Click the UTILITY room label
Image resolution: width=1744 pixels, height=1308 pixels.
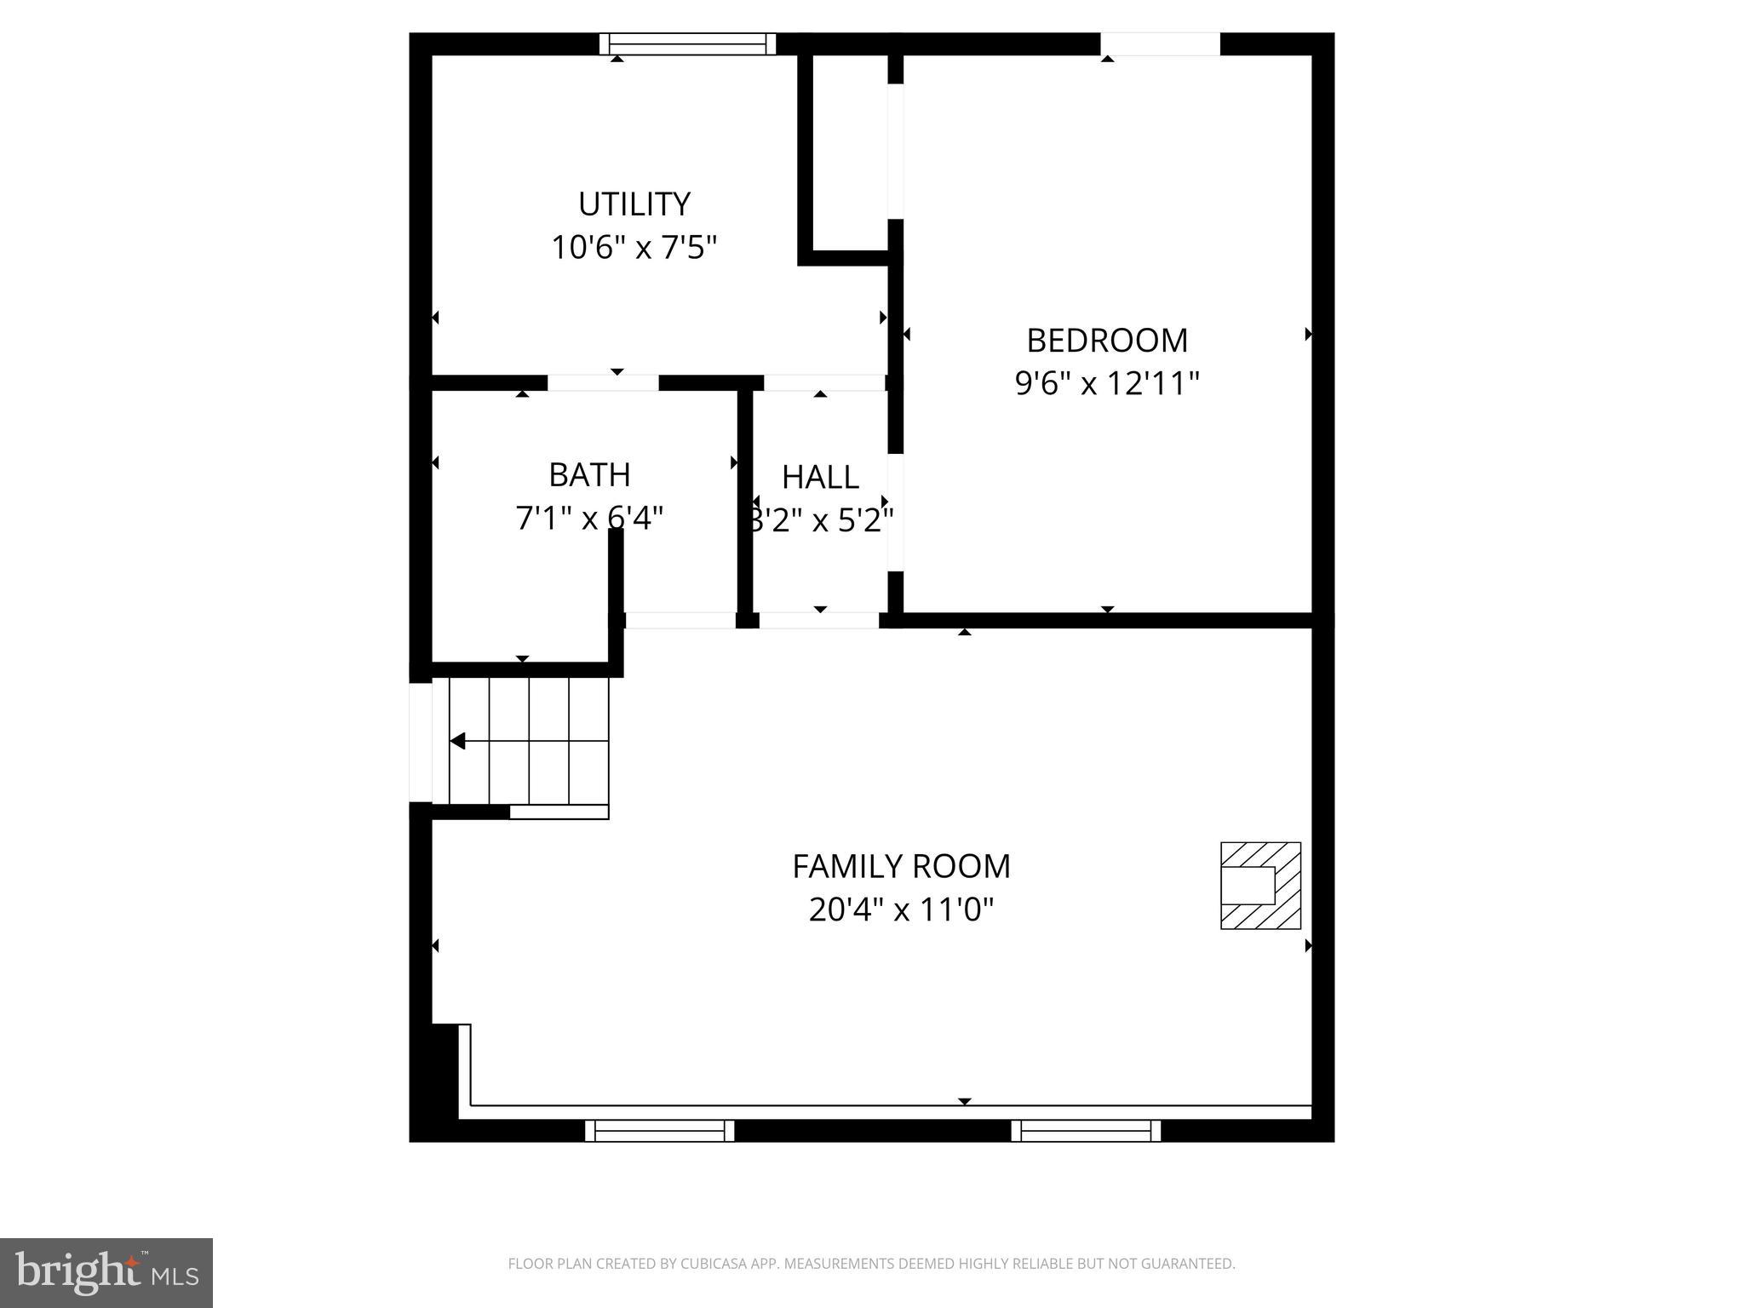pyautogui.click(x=634, y=204)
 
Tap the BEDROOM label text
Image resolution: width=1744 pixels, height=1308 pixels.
pyautogui.click(x=1106, y=341)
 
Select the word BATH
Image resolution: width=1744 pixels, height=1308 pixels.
pyautogui.click(x=589, y=475)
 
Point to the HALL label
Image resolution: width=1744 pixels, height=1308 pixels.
pyautogui.click(x=820, y=478)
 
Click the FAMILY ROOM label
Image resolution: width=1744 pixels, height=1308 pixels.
pyautogui.click(x=901, y=867)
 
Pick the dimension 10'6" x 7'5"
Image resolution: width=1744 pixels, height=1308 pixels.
pyautogui.click(x=634, y=249)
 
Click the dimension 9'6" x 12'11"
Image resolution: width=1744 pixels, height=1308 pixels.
pyautogui.click(x=1106, y=384)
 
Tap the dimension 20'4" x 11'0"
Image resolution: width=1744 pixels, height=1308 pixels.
pyautogui.click(x=901, y=910)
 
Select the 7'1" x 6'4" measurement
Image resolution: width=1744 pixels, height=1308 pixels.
pyautogui.click(x=589, y=518)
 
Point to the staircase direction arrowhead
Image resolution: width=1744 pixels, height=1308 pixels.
pyautogui.click(x=457, y=742)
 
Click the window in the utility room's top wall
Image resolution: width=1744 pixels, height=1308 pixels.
pyautogui.click(x=687, y=44)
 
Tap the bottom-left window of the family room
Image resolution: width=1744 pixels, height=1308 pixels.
pyautogui.click(x=659, y=1131)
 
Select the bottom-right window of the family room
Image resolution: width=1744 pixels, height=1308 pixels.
pyautogui.click(x=1086, y=1131)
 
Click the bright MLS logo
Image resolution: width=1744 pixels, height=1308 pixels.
pyautogui.click(x=106, y=1272)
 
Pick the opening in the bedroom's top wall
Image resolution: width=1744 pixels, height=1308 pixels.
pyautogui.click(x=1160, y=44)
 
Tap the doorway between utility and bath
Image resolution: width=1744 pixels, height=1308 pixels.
pyautogui.click(x=603, y=383)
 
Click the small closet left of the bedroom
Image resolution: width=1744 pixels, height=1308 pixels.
pyautogui.click(x=850, y=153)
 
